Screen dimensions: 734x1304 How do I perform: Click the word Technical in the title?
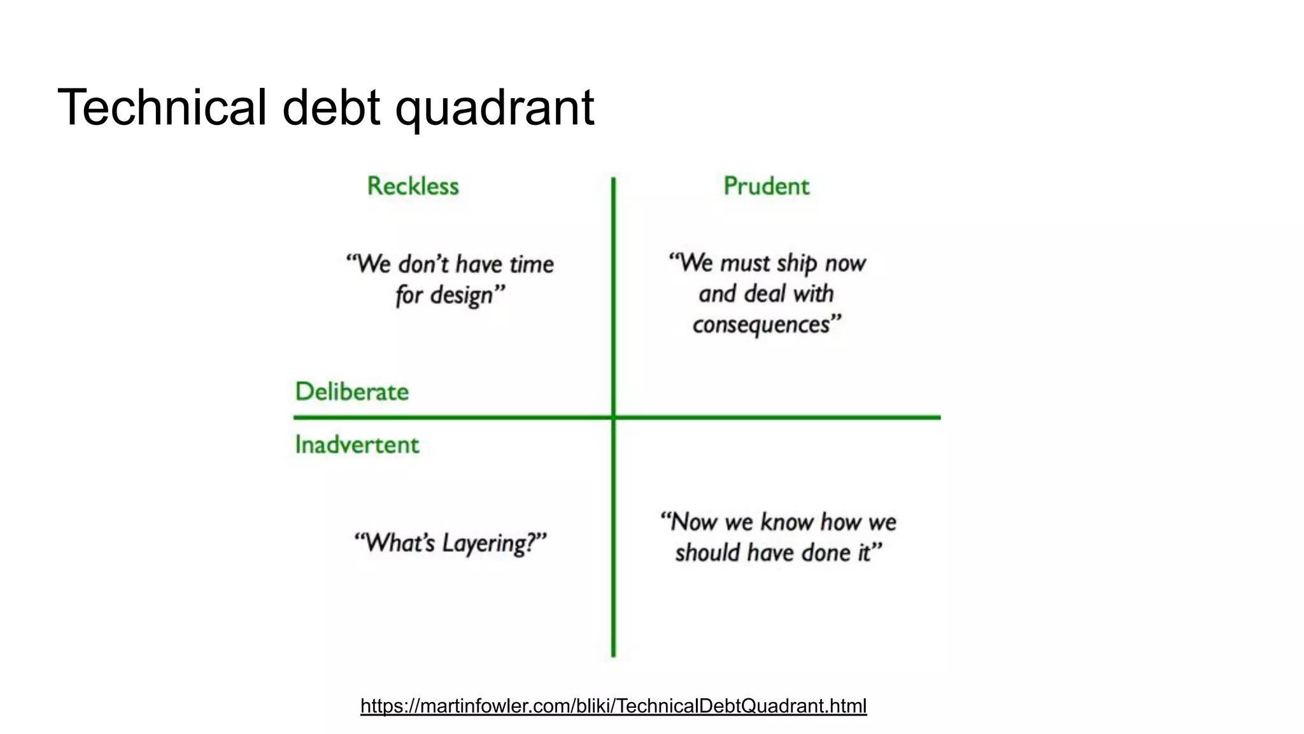(162, 107)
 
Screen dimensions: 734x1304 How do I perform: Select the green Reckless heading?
(413, 186)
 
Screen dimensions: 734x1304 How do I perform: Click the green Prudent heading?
(766, 186)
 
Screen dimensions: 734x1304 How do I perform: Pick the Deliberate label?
(351, 391)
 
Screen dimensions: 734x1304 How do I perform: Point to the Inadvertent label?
(357, 444)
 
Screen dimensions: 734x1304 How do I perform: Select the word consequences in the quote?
(762, 324)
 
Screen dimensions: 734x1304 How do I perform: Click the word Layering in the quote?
(488, 543)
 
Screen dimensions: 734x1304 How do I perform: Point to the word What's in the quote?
(400, 543)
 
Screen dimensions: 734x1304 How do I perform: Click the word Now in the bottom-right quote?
(694, 522)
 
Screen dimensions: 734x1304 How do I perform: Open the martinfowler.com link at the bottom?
(613, 706)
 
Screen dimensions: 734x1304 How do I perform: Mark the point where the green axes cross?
(613, 417)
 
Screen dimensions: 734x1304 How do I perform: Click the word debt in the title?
(331, 107)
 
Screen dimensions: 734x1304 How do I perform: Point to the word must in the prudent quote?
(745, 263)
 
